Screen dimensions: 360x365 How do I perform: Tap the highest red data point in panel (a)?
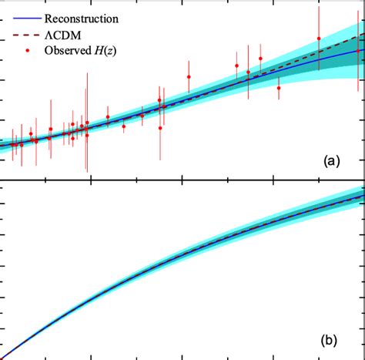coord(319,39)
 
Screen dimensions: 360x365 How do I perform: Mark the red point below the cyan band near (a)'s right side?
coord(279,88)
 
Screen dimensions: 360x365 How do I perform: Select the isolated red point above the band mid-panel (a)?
coord(189,76)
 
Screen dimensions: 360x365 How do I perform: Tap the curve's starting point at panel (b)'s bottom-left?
coord(3,356)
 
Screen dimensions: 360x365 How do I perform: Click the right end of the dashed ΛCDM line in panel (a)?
coord(363,35)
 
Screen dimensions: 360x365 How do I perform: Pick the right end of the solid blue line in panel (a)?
coord(363,50)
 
